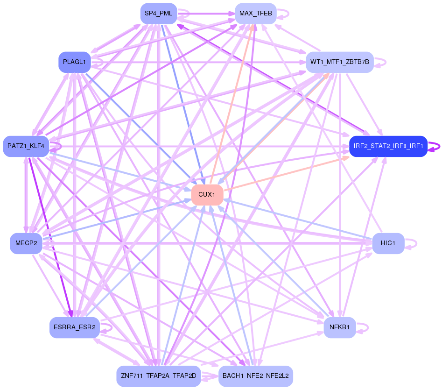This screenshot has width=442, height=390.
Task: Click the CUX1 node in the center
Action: point(207,195)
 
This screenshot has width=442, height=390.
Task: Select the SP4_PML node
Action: point(158,14)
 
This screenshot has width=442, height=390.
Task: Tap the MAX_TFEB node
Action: point(256,14)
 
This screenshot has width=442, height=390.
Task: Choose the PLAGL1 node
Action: point(74,62)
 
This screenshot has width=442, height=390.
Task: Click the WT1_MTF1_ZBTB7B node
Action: point(340,62)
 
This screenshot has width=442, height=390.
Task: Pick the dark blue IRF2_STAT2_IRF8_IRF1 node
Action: point(388,146)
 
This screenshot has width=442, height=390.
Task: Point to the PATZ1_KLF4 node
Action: point(26,146)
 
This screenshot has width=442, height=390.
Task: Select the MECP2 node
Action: point(26,243)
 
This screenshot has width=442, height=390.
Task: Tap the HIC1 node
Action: point(388,243)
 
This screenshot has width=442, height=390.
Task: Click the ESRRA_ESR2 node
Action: point(74,327)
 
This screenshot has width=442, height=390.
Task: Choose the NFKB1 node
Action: point(340,327)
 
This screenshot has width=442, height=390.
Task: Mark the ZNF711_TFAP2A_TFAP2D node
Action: point(158,376)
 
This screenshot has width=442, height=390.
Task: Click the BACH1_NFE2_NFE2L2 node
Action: point(256,376)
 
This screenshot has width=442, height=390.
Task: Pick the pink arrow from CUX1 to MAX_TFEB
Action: point(232,104)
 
